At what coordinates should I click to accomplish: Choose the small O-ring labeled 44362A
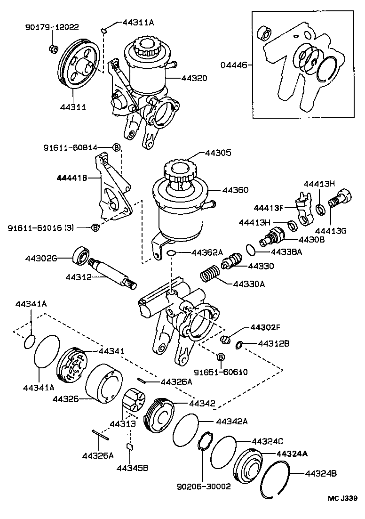172,253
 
